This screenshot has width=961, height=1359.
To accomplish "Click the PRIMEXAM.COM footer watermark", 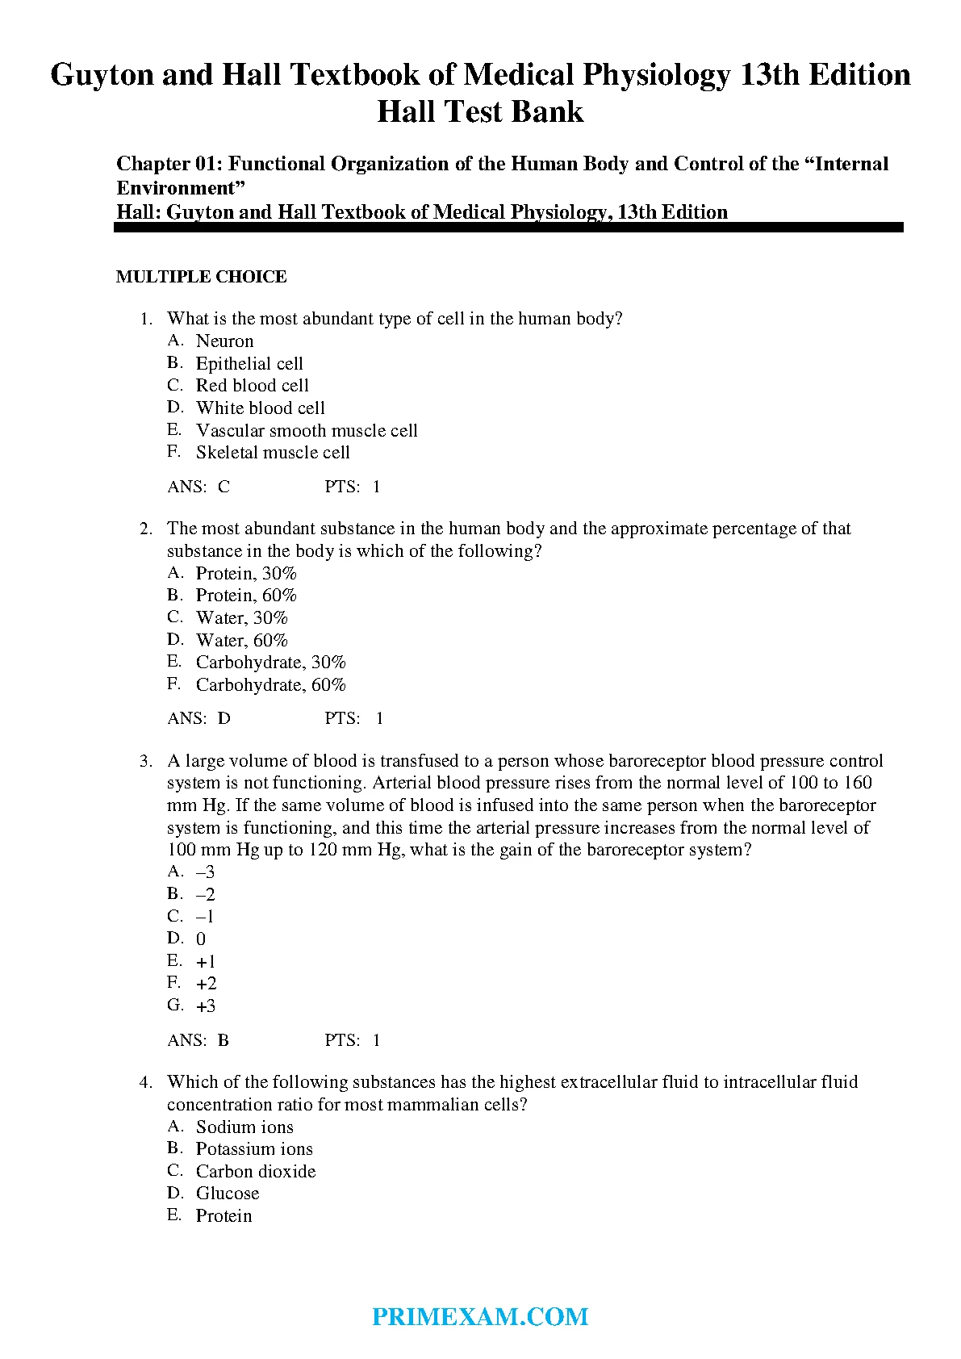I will [480, 1317].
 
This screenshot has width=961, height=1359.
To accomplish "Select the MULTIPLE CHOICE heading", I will [201, 277].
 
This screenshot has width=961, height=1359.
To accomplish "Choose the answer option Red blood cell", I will [252, 386].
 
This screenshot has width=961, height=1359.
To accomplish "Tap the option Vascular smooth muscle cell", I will [307, 431].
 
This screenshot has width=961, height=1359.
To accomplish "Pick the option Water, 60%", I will [241, 641].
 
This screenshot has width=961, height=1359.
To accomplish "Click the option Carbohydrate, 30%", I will [270, 663].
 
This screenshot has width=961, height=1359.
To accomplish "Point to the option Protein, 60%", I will [246, 596].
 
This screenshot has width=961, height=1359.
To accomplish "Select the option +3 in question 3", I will [206, 1006].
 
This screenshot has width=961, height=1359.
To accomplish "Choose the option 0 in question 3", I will [201, 939].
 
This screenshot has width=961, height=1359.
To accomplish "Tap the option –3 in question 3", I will [206, 872].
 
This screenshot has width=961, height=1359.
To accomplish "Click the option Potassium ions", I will [254, 1149].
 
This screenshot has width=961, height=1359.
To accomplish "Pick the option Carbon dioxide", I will [256, 1172].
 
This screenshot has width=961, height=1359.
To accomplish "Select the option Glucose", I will [228, 1194].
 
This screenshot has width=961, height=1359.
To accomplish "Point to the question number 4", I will [145, 1082].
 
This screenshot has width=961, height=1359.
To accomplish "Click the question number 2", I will [145, 529].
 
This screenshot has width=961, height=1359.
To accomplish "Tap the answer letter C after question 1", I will [224, 487].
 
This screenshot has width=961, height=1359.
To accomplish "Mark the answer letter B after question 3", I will [224, 1041].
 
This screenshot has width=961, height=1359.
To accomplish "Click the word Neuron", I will [224, 341].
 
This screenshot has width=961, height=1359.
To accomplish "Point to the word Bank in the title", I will [546, 111].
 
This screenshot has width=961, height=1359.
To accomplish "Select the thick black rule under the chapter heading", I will [508, 228].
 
